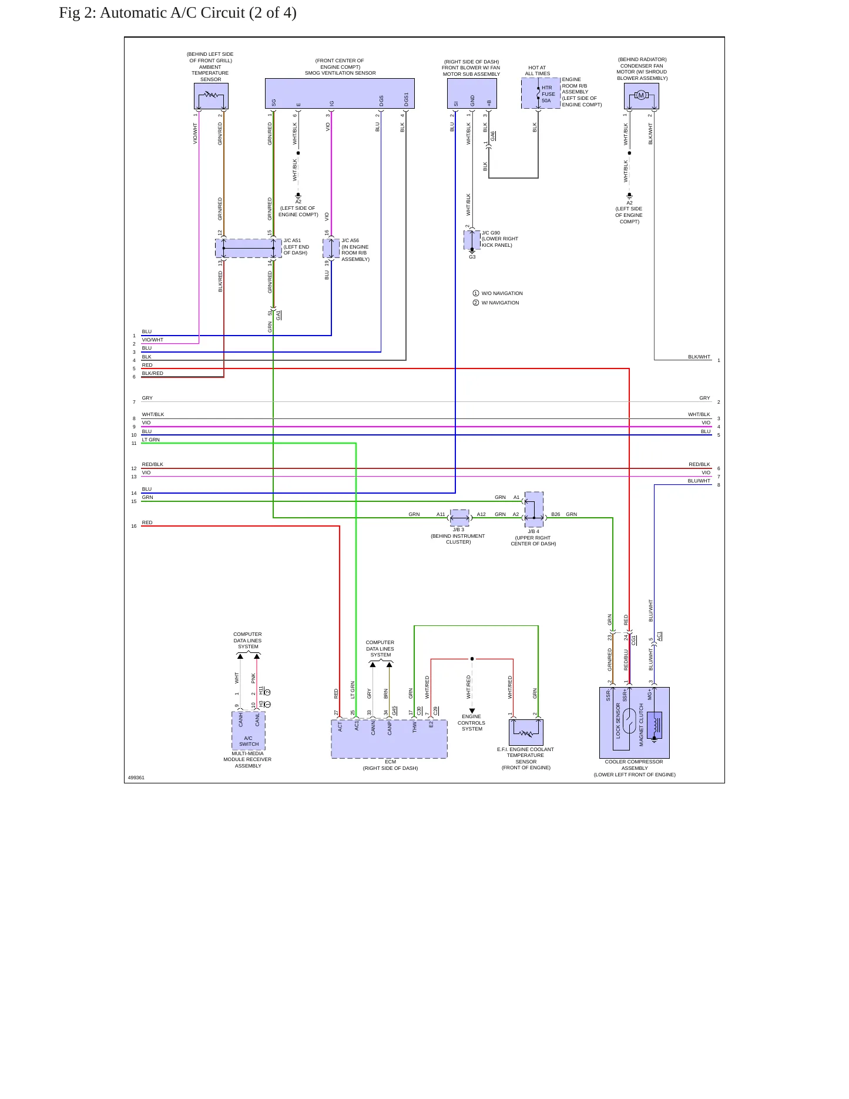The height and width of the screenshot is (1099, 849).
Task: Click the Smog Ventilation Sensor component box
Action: pyautogui.click(x=340, y=93)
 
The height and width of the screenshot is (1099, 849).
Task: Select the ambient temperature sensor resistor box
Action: pyautogui.click(x=211, y=96)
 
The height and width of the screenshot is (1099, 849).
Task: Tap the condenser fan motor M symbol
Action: pyautogui.click(x=641, y=95)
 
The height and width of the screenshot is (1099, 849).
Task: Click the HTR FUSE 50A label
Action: pyautogui.click(x=548, y=94)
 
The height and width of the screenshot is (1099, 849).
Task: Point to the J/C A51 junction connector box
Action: pyautogui.click(x=249, y=248)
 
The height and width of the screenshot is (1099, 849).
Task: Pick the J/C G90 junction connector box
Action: pyautogui.click(x=472, y=240)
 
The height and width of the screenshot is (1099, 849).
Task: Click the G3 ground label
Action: pyautogui.click(x=472, y=257)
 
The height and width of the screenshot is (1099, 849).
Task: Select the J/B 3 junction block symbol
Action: pyautogui.click(x=459, y=518)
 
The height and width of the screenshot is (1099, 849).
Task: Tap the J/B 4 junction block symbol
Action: pyautogui.click(x=534, y=509)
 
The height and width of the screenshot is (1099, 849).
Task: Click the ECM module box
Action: pyautogui.click(x=389, y=739)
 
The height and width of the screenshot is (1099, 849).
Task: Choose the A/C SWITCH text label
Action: pyautogui.click(x=249, y=741)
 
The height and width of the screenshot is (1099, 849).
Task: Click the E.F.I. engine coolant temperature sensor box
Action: pyautogui.click(x=526, y=732)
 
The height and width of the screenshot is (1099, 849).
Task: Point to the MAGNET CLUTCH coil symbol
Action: pyautogui.click(x=654, y=725)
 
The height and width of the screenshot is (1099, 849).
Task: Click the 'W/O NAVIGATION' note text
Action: pyautogui.click(x=502, y=293)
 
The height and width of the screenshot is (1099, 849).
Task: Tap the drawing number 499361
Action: pyautogui.click(x=136, y=778)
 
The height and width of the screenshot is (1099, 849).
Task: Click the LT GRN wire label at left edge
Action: pyautogui.click(x=151, y=440)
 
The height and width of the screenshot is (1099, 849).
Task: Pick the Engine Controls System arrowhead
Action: pyautogui.click(x=472, y=711)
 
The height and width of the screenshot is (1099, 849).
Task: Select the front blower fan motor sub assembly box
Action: pyautogui.click(x=472, y=93)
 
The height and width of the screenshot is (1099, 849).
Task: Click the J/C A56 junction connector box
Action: pyautogui.click(x=331, y=248)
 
